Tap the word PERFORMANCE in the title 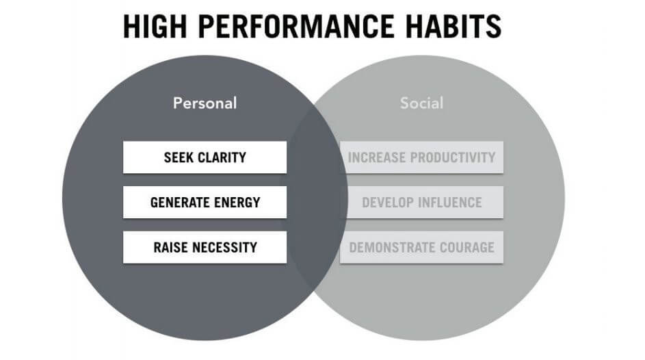pos(295,26)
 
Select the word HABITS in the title pos(453,26)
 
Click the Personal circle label pos(205,103)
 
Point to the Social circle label pos(421,103)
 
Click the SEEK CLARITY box pos(205,157)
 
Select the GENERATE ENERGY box pos(205,202)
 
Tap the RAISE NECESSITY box pos(205,247)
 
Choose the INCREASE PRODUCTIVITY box pos(421,157)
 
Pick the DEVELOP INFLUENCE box pos(421,202)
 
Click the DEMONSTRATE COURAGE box pos(421,247)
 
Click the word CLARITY pos(222,157)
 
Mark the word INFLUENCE pos(450,203)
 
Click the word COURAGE pos(467,247)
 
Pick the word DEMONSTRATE pos(393,247)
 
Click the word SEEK pos(179,157)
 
